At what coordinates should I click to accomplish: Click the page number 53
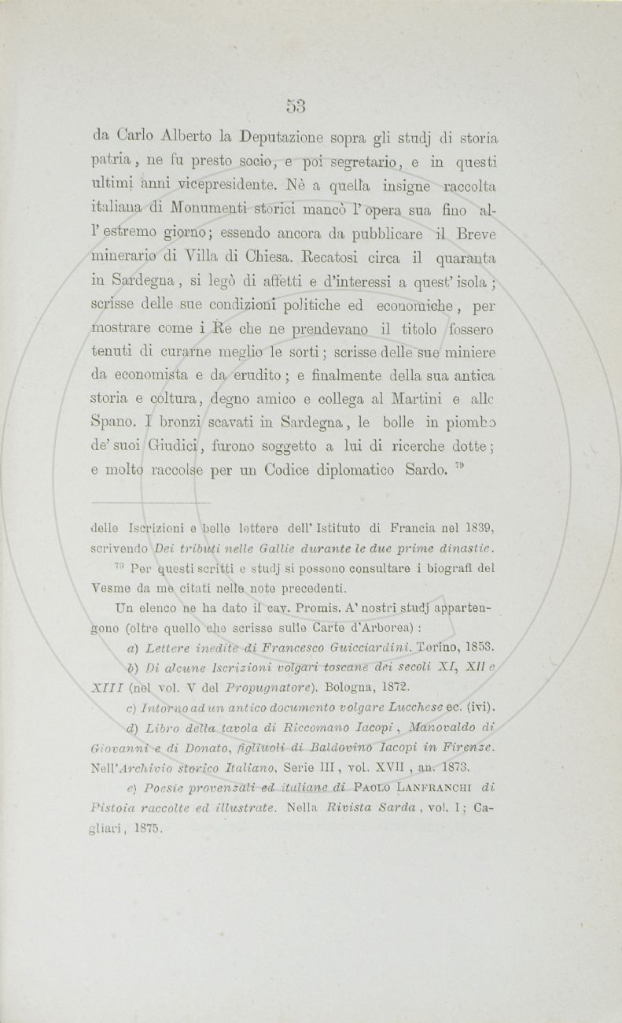click(x=296, y=106)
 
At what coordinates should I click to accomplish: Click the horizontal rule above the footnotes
click(x=150, y=501)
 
